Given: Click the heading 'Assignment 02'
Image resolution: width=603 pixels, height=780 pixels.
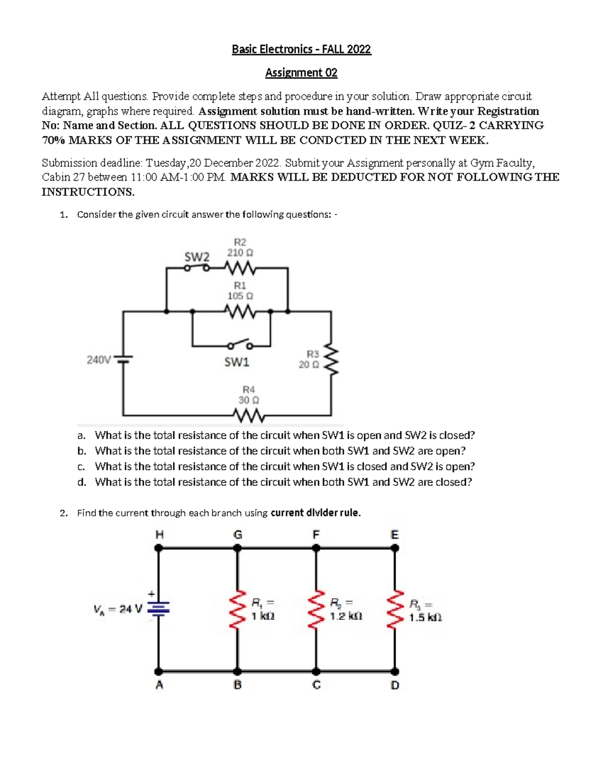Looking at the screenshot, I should point(301,73).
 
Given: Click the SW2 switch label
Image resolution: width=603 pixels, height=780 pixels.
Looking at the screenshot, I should point(196,257).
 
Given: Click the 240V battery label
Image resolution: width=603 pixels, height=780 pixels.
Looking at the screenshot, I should point(98,360).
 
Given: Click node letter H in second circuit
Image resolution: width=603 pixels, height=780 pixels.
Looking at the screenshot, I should point(159,535).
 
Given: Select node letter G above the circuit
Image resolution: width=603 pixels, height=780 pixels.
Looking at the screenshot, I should point(238,535).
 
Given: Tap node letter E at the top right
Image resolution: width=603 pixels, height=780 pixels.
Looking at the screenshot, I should point(395,535).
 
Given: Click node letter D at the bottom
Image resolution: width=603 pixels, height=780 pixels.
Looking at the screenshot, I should point(395,685).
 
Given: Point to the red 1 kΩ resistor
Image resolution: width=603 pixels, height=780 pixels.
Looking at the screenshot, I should point(238,609).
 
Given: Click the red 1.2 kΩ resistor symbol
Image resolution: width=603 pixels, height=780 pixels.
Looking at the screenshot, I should point(316,609).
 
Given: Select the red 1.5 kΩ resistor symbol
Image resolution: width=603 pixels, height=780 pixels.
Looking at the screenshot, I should point(395,609).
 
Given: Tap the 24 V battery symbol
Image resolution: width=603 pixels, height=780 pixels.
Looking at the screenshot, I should point(159,609).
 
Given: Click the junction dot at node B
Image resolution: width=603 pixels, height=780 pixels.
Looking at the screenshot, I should point(238,671).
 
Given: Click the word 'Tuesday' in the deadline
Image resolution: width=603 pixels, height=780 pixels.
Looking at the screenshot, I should point(166,163).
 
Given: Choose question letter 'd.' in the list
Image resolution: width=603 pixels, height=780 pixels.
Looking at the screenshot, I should point(82,482).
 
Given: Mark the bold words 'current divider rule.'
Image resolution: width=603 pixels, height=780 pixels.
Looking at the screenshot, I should point(316,513).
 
